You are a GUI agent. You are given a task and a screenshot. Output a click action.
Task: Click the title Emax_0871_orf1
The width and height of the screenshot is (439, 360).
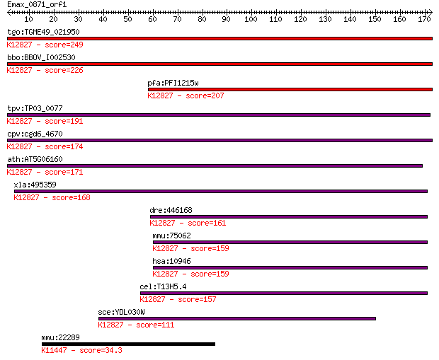tap(37, 4)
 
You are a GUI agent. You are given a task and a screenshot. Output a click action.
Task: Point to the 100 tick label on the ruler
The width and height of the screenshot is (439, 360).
tap(251, 19)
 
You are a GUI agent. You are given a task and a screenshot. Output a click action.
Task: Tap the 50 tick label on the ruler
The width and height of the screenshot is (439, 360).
tap(127, 19)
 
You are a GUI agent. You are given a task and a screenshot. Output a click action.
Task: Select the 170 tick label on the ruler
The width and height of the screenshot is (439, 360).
tap(424, 19)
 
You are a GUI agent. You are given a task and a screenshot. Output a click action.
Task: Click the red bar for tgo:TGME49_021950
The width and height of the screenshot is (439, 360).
tap(219, 39)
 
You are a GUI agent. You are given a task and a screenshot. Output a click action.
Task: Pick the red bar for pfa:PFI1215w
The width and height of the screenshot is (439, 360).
tap(290, 90)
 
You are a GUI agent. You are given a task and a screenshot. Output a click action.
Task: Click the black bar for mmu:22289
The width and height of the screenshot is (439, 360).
tap(128, 344)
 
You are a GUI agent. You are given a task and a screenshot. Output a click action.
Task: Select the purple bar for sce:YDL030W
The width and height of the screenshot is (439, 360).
tap(237, 318)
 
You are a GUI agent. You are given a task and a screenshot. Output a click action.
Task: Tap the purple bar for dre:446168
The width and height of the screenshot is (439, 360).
tap(289, 217)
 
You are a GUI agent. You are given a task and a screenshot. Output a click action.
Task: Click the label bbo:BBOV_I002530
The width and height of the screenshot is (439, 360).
tap(41, 57)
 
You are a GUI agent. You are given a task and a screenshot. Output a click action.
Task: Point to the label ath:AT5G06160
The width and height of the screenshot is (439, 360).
tap(35, 159)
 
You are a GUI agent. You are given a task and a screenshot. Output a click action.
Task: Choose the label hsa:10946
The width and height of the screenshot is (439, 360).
tap(171, 261)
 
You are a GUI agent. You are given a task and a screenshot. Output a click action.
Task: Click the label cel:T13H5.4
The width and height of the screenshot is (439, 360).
tap(163, 286)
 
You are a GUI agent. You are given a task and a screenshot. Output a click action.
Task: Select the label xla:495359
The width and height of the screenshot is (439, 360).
tap(35, 185)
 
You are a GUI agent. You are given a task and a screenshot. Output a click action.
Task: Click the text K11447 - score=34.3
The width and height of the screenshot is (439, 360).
tap(81, 350)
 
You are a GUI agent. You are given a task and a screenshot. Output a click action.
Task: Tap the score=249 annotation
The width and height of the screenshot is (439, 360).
tap(64, 45)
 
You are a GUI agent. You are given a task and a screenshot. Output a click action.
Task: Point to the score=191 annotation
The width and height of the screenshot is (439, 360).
tap(64, 121)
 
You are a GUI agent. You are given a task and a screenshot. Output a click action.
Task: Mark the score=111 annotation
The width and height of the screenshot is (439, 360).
tap(155, 325)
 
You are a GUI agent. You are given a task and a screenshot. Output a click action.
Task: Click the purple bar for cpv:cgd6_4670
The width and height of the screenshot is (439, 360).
tap(219, 141)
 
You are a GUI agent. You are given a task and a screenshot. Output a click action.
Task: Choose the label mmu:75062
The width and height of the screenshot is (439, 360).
tap(171, 236)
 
